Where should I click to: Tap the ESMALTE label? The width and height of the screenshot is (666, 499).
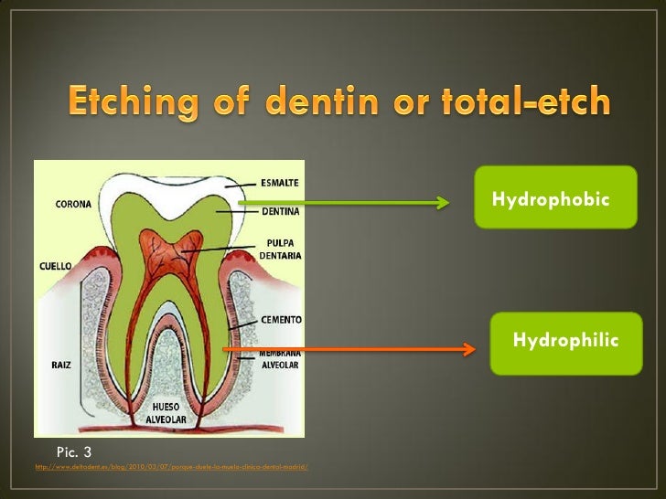[x=280, y=181]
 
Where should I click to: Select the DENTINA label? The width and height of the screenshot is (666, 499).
[x=280, y=211]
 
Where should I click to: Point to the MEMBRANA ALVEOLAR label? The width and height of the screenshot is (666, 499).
[x=279, y=356]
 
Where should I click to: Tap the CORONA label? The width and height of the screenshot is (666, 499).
[x=74, y=204]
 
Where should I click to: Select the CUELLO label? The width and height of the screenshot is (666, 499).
[x=56, y=266]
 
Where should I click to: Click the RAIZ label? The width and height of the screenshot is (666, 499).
[x=61, y=364]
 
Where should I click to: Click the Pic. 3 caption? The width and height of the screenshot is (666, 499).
[x=74, y=451]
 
